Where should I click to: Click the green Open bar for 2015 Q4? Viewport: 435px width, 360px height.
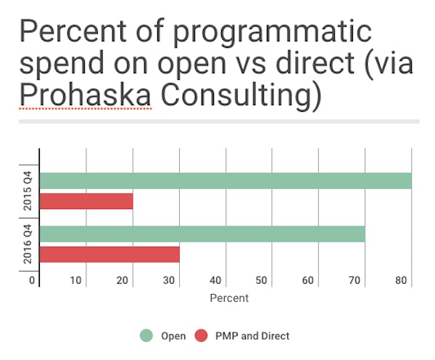click(x=225, y=181)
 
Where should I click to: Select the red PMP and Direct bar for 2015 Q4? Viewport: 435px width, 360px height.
click(x=86, y=201)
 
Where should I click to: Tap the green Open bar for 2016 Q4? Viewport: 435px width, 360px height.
click(x=202, y=234)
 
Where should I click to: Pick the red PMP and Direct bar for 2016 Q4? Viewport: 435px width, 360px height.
click(x=109, y=255)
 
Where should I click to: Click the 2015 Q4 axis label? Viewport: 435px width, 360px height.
click(x=27, y=191)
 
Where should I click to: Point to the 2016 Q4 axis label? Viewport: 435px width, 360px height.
click(x=27, y=245)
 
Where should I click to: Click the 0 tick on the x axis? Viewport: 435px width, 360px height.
click(x=32, y=280)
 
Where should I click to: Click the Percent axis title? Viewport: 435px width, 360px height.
click(x=229, y=298)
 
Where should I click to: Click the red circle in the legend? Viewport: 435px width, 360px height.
click(x=202, y=335)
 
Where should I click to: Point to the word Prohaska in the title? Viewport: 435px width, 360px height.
click(x=86, y=94)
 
